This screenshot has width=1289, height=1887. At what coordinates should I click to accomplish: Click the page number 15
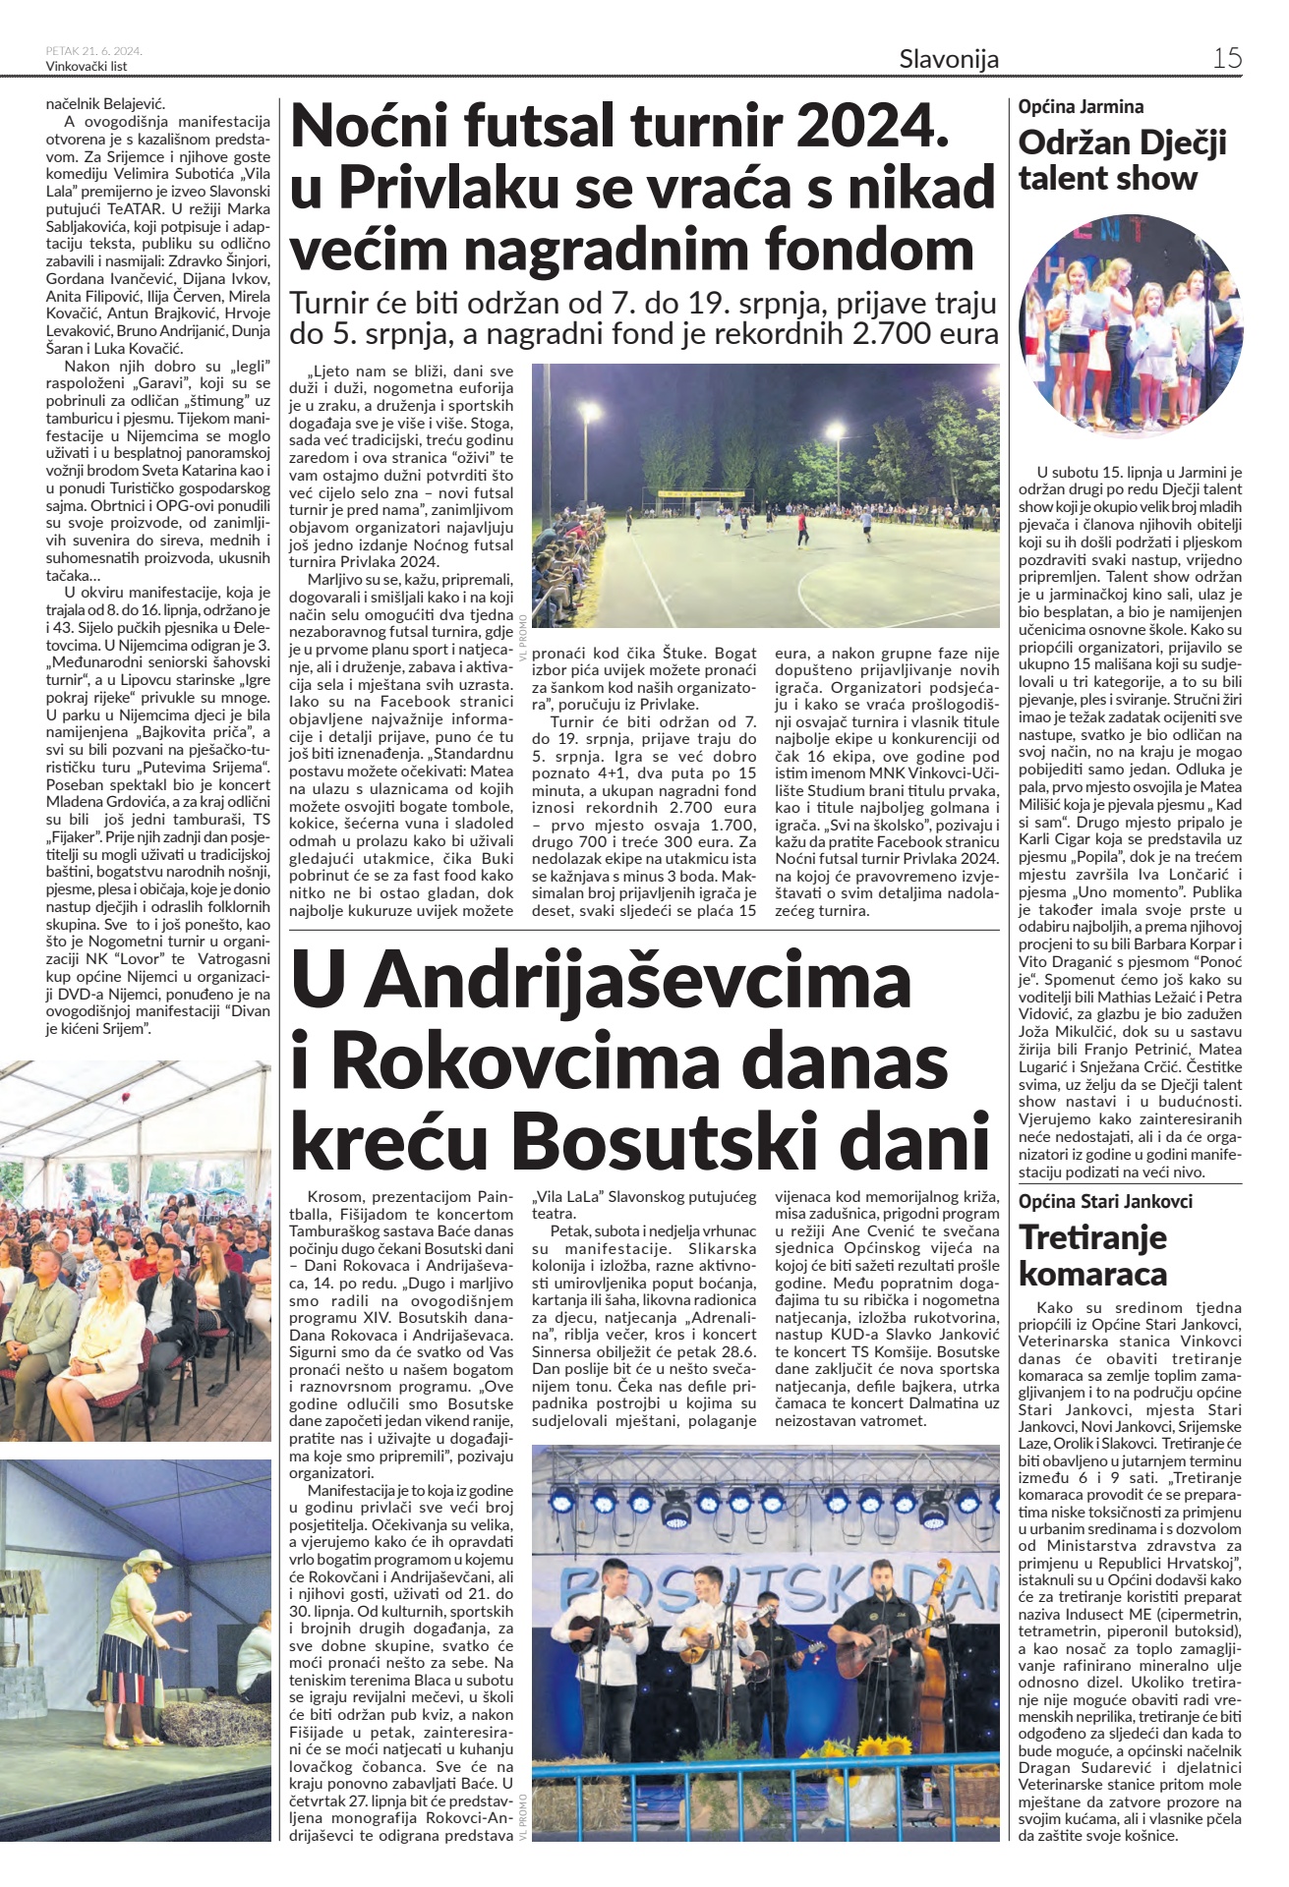1226,58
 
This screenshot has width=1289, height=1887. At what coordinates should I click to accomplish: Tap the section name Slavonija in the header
948,59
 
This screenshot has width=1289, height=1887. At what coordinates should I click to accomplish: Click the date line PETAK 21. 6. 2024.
94,51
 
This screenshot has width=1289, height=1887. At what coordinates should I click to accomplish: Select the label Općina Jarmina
1081,107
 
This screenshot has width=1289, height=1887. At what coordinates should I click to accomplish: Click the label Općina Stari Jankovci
1105,1201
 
